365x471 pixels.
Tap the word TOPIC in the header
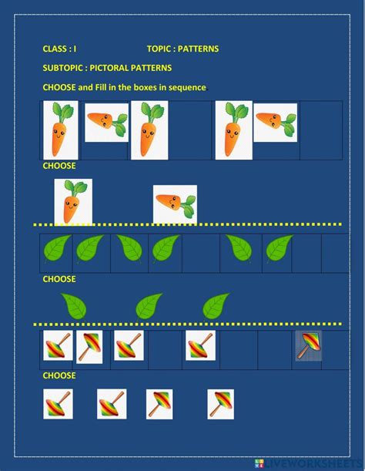(159, 49)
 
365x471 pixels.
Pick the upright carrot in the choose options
(72, 201)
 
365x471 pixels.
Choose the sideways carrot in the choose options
(175, 204)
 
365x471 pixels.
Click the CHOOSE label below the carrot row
(59, 166)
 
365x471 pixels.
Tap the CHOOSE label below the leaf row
(59, 279)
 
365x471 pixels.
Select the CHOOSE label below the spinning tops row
(59, 375)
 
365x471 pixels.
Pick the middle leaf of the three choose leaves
(149, 307)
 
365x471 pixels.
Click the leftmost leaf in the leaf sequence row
(56, 248)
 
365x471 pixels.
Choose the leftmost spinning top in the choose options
(58, 404)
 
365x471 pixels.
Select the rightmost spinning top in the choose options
(220, 404)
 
